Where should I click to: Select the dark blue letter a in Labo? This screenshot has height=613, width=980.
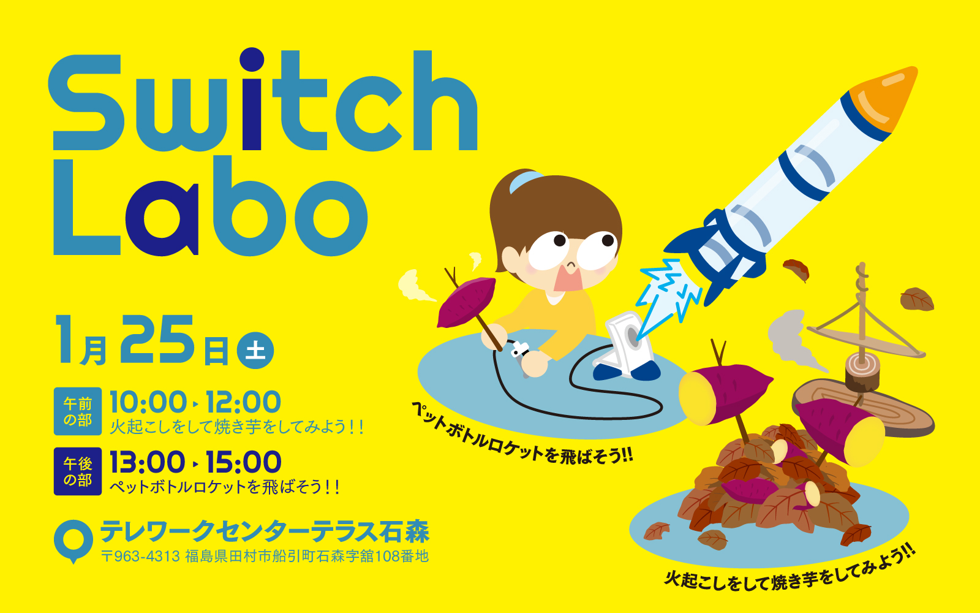[162, 218]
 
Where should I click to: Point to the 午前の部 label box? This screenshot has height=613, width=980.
[78, 411]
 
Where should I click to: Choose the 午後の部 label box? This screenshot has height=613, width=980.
[78, 471]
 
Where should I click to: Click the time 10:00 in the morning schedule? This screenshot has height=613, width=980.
[148, 402]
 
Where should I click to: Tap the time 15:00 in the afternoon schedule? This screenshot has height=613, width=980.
[243, 462]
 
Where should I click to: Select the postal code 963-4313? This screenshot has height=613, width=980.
[146, 556]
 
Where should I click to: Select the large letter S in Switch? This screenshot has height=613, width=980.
[84, 102]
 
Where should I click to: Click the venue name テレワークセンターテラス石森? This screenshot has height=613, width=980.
[265, 531]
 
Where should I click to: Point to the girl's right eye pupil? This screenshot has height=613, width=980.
[560, 240]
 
